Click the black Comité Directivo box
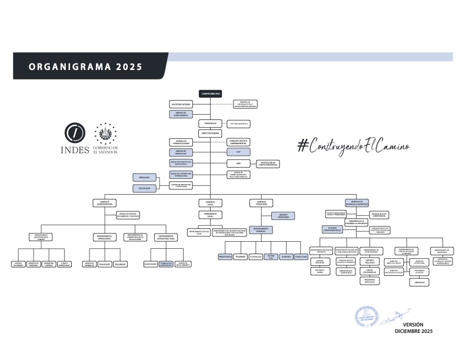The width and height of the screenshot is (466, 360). coord(210,94)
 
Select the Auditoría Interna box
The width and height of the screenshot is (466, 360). coord(181,104)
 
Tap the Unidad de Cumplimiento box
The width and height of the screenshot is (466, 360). coord(181,114)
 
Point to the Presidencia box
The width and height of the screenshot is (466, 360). coord(210,124)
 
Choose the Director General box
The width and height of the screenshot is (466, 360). coord(210,134)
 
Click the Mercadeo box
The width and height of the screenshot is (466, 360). coord(144,177)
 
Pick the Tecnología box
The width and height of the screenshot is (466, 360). coord(144,188)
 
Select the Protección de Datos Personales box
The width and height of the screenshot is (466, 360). coord(267,164)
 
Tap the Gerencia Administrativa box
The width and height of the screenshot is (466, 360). coord(102,203)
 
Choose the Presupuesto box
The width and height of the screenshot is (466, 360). coord(225,257)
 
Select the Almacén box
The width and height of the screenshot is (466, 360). coord(287,257)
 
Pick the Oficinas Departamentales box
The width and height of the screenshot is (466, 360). coord(332,229)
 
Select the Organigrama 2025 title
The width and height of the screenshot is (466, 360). coord(85,66)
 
